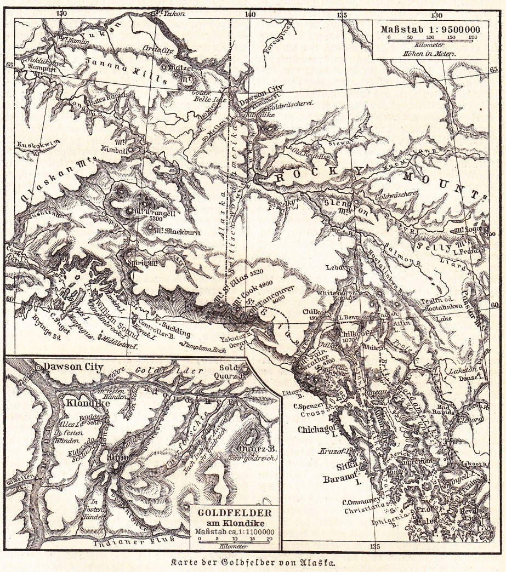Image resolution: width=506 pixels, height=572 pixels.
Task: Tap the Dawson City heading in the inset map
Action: [x=75, y=367]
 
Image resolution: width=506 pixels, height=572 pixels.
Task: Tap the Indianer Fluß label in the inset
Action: [x=131, y=544]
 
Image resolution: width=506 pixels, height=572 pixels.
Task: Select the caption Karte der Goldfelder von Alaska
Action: [x=253, y=562]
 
